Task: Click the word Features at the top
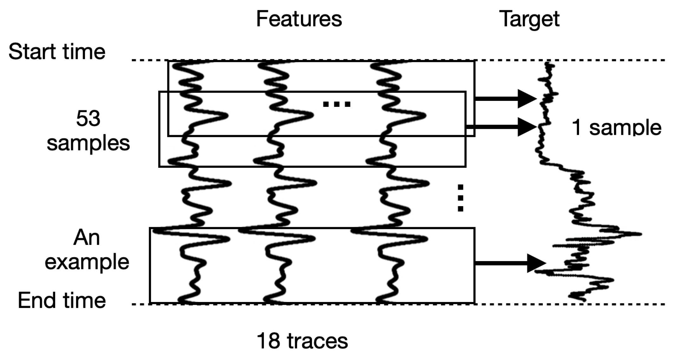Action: (x=299, y=19)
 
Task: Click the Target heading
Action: (x=529, y=19)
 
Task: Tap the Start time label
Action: (x=57, y=52)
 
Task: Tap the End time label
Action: (x=62, y=300)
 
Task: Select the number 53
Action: (x=88, y=119)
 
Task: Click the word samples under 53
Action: (x=88, y=143)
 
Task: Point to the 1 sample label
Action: (x=616, y=128)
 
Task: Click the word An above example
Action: (x=86, y=238)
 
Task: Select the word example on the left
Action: (x=87, y=262)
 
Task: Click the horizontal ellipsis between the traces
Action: (x=336, y=104)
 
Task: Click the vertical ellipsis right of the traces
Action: (x=460, y=198)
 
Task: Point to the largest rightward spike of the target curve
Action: (x=639, y=234)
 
